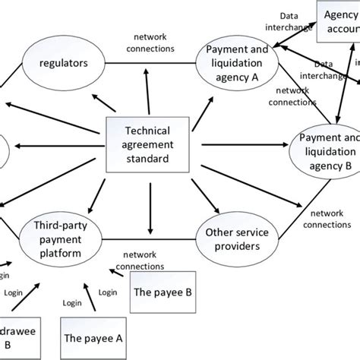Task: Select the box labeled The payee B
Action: coord(159,292)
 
